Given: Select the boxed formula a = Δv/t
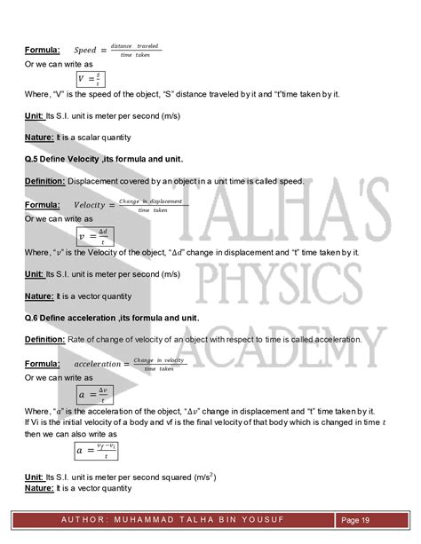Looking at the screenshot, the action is pyautogui.click(x=93, y=393).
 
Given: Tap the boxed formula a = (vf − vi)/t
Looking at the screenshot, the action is pyautogui.click(x=97, y=452).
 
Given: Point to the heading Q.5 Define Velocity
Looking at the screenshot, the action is pyautogui.click(x=104, y=159).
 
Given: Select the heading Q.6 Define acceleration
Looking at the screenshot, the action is pyautogui.click(x=112, y=317).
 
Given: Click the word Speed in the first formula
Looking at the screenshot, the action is pyautogui.click(x=85, y=50).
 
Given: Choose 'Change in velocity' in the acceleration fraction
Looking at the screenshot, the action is pyautogui.click(x=159, y=360).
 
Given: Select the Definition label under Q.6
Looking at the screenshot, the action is pyautogui.click(x=44, y=339).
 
